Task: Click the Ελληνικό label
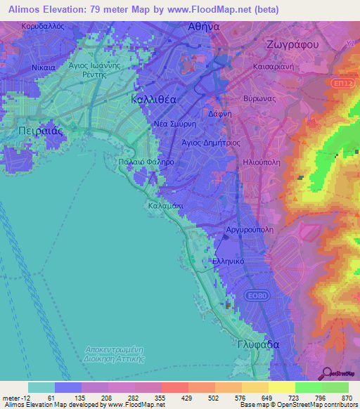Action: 229,261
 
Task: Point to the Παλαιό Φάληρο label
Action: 146,161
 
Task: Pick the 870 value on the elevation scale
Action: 347,397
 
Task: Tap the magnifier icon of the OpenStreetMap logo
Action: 327,374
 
